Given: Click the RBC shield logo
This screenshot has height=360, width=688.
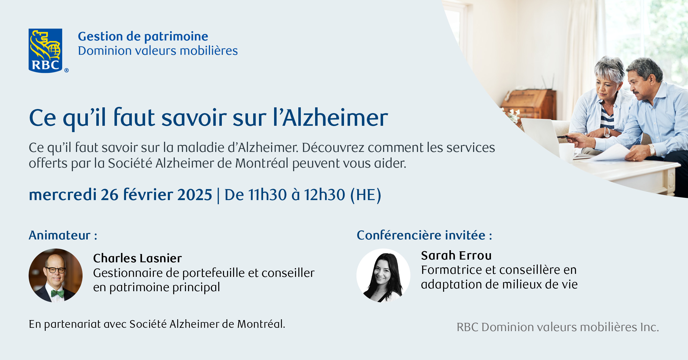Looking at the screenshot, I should tap(45, 51).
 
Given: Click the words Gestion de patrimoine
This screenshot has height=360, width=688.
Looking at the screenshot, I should tap(143, 37).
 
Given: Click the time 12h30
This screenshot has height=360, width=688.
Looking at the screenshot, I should tap(324, 195).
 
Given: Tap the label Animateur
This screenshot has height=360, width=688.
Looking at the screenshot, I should tap(60, 236).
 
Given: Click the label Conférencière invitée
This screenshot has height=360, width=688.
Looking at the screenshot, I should tap(421, 236).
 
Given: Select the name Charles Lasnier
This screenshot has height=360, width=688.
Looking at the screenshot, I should tap(137, 258).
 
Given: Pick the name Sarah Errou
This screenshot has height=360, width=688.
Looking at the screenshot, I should tap(456, 256).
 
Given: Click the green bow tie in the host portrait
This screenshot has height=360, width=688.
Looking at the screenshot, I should tap(58, 294).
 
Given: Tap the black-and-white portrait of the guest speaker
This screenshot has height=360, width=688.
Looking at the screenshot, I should tap(383, 276).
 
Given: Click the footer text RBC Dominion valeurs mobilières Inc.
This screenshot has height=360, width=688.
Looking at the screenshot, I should tap(558, 327).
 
